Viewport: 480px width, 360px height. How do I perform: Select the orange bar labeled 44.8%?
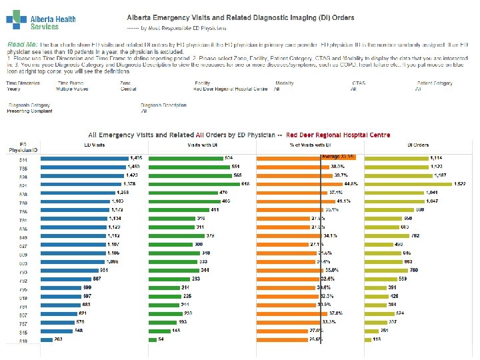coord(300,184)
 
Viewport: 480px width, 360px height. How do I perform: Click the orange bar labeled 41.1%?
coord(297,201)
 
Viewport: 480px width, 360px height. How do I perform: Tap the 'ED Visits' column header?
coord(93,144)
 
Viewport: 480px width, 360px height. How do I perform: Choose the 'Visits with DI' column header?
coord(203,144)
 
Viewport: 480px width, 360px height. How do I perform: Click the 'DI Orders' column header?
coord(418,144)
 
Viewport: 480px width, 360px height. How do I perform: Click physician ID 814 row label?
coord(23,159)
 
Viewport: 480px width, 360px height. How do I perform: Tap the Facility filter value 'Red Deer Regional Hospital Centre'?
coord(226,88)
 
